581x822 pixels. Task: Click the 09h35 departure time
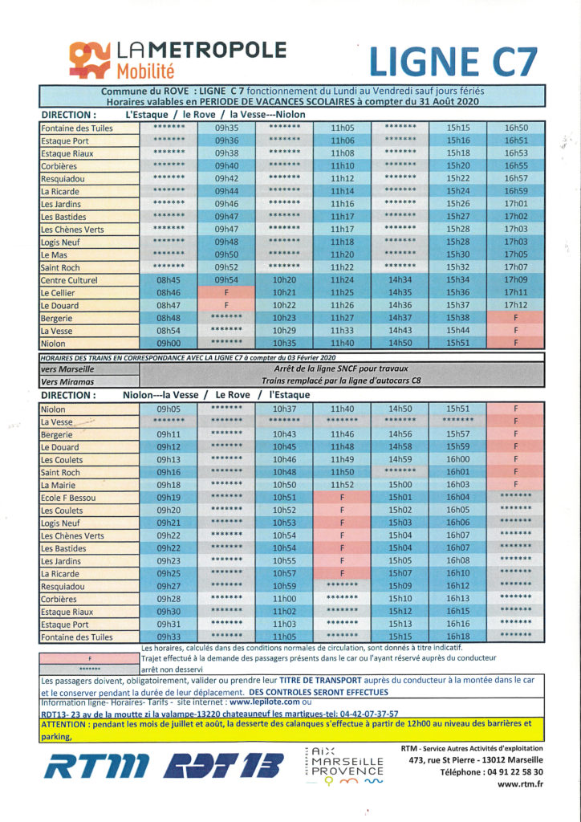click(226, 128)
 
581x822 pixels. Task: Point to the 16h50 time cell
click(516, 128)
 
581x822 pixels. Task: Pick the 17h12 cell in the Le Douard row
click(516, 305)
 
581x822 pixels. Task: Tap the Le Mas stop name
click(53, 254)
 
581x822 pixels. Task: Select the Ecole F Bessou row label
click(68, 498)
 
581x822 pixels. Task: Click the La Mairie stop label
click(58, 485)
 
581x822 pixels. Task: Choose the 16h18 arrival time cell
click(457, 637)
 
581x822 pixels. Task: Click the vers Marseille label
click(67, 369)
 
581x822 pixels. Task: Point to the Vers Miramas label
click(67, 382)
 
